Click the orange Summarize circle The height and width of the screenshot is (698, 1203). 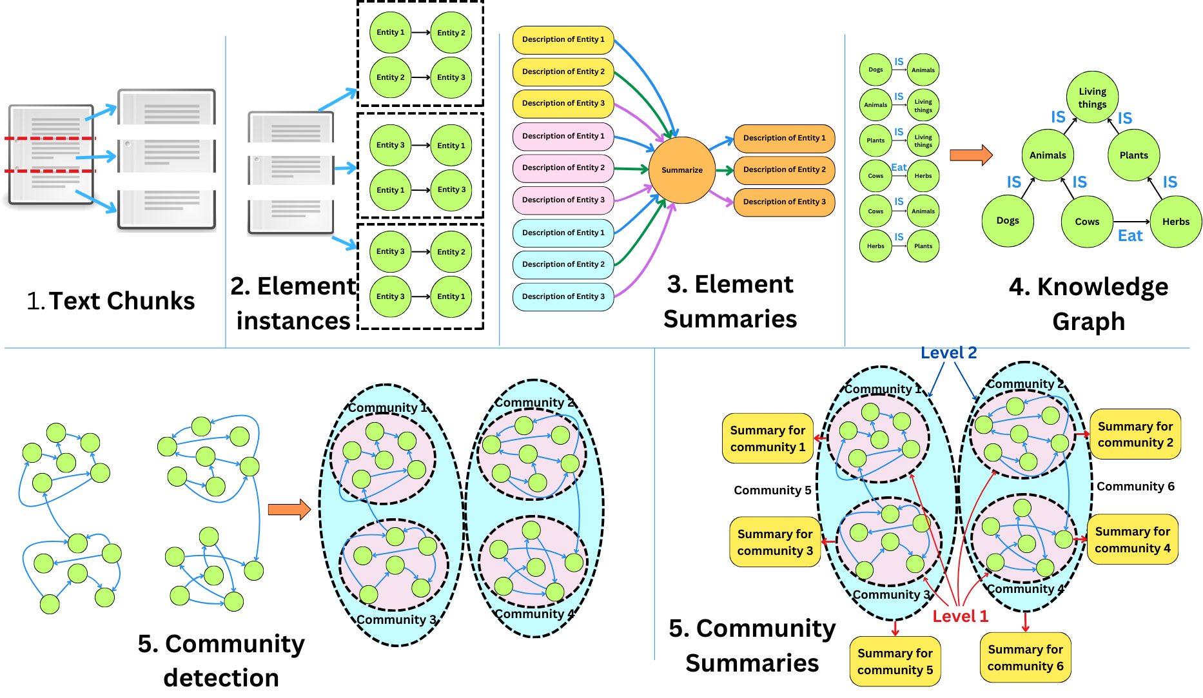tap(681, 170)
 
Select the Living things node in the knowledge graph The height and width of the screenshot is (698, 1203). tap(1092, 98)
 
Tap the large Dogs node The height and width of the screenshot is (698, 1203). tap(1008, 220)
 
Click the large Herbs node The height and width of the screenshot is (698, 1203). tap(1175, 222)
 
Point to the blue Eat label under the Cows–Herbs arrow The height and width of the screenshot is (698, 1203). tap(1130, 236)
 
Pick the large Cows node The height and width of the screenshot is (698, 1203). tap(1087, 222)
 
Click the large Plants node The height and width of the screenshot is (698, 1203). tap(1133, 155)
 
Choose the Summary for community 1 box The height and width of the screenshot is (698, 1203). tap(767, 438)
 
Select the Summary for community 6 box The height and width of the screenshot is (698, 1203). tap(1025, 657)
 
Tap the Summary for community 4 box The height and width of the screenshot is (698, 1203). tap(1132, 539)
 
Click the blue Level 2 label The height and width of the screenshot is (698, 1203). tap(948, 353)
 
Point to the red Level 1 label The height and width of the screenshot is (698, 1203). tap(960, 616)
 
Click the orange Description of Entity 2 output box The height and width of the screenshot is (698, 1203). tap(784, 170)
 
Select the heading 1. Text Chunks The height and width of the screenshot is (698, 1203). tap(111, 301)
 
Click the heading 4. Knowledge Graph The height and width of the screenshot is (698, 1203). tap(1088, 304)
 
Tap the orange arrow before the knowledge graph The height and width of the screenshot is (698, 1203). tap(971, 155)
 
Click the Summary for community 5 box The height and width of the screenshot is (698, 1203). tap(895, 661)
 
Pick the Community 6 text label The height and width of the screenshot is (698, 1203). tap(1135, 487)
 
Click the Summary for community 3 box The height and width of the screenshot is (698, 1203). tap(774, 542)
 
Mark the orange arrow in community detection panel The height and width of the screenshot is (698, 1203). tap(289, 509)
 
